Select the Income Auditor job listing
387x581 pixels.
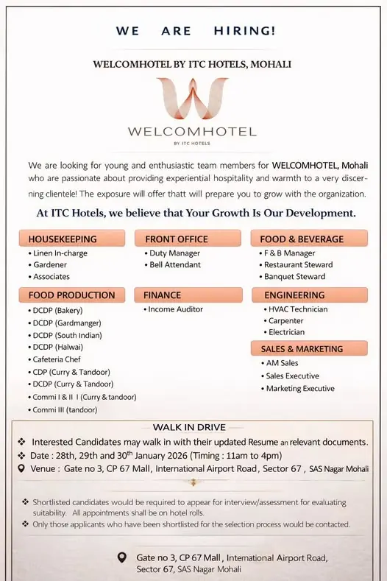pyautogui.click(x=175, y=309)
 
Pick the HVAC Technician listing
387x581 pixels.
pyautogui.click(x=297, y=309)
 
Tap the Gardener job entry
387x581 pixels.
pyautogui.click(x=49, y=264)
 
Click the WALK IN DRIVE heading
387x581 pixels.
pyautogui.click(x=189, y=427)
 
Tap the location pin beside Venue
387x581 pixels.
pyautogui.click(x=21, y=468)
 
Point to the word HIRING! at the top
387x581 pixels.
pyautogui.click(x=245, y=31)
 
